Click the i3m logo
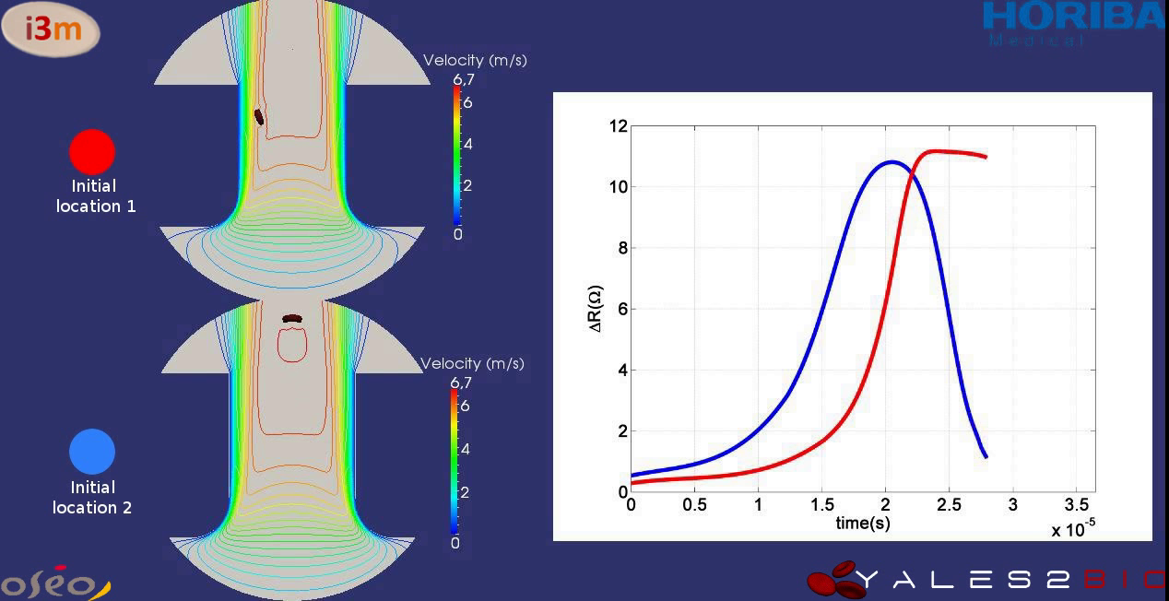pos(53,29)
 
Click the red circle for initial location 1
pos(92,151)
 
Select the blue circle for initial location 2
pos(92,452)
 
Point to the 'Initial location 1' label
pos(95,196)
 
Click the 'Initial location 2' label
pos(92,498)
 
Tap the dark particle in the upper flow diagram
pos(259,116)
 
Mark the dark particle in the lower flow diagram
pos(292,319)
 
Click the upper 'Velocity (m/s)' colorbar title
pos(475,61)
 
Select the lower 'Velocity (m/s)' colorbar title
pos(472,364)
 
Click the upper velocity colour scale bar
pos(455,156)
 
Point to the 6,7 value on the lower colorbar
pos(460,383)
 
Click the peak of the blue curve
pos(892,162)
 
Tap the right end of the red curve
pos(986,157)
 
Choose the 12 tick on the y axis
pos(618,125)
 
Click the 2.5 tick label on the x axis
pos(949,505)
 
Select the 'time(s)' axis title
pos(862,524)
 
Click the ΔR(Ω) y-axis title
pos(596,308)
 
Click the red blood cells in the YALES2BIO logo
pos(837,580)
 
